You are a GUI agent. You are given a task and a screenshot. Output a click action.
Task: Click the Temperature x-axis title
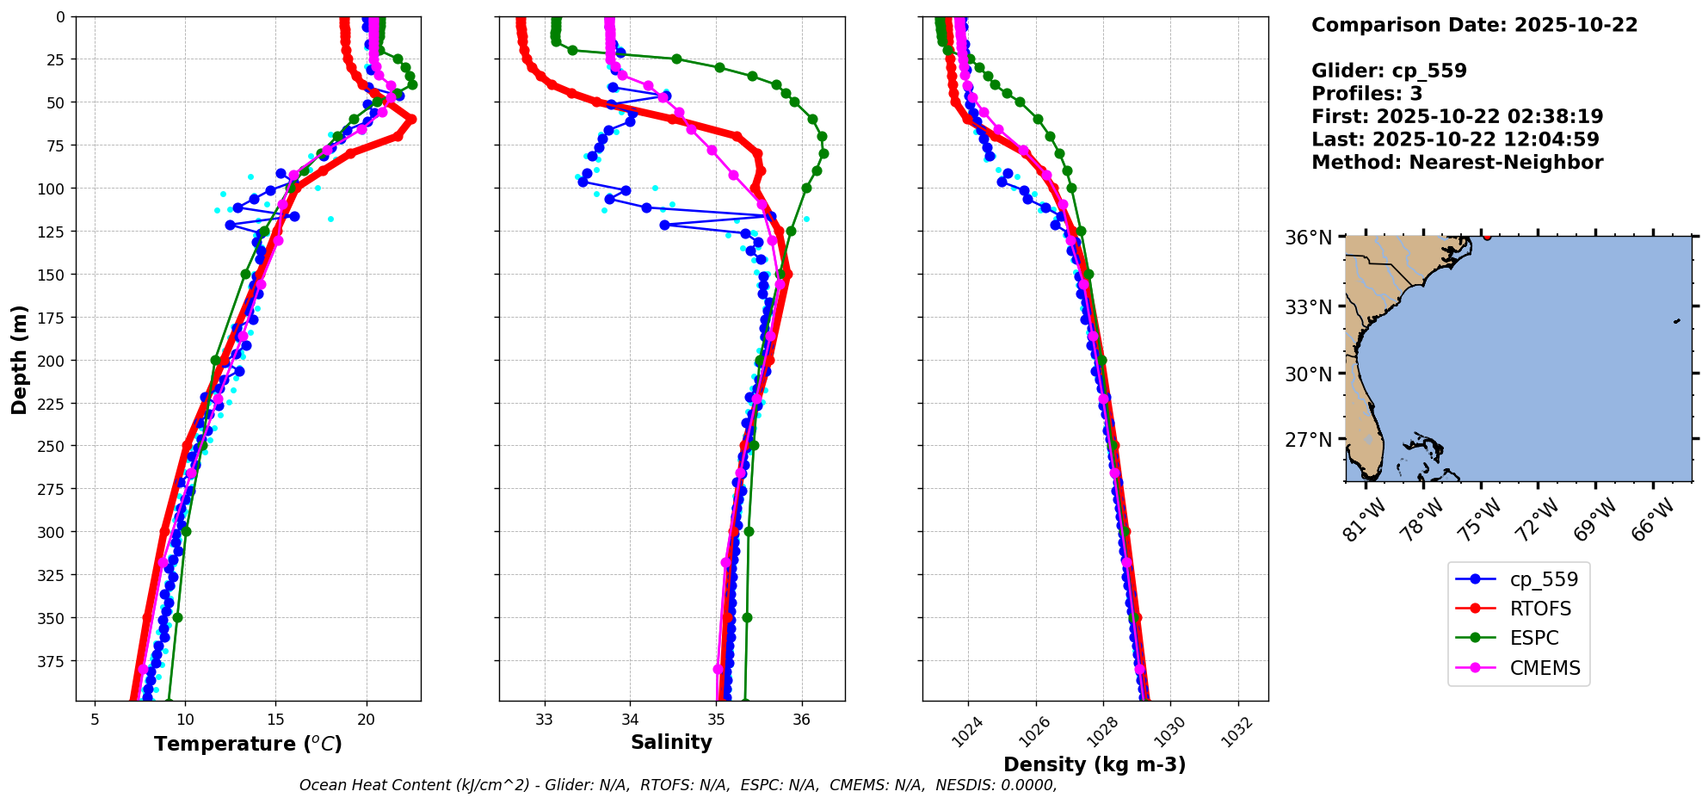pos(248,744)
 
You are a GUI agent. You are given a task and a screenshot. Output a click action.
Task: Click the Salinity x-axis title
pos(671,742)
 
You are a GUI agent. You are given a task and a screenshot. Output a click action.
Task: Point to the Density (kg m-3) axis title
pos(1095,764)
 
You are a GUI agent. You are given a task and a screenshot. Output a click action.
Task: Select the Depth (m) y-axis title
pos(19,359)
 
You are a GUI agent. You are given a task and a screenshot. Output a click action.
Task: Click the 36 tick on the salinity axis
pos(802,720)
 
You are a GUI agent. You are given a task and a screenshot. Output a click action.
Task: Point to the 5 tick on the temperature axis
pos(95,720)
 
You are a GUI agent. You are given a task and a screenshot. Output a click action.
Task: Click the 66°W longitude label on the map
pos(1652,519)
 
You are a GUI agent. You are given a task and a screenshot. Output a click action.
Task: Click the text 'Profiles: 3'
pos(1366,94)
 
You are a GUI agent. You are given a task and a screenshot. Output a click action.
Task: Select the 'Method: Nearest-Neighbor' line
pos(1457,163)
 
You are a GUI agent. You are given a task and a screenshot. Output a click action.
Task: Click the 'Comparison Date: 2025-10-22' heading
pos(1474,25)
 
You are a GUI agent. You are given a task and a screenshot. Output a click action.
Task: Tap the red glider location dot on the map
pos(1487,236)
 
